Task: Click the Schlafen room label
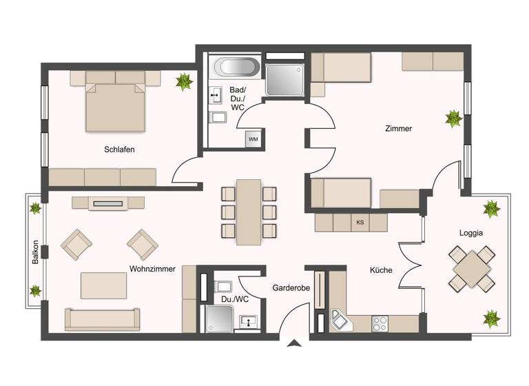tap(119, 150)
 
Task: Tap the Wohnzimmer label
tap(152, 269)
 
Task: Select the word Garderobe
tap(289, 287)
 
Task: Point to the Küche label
tap(381, 270)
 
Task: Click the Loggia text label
tap(471, 233)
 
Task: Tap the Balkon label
tap(35, 252)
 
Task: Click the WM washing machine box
tap(253, 139)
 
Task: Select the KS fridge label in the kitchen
tap(360, 223)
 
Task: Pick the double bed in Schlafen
tap(116, 107)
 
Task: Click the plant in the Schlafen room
tap(184, 82)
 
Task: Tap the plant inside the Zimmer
tap(453, 119)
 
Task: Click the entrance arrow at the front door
tap(295, 343)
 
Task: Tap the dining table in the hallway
tap(249, 212)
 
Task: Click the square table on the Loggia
tap(472, 268)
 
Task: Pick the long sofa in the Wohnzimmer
tap(103, 318)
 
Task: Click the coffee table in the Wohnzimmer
tap(103, 283)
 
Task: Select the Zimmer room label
tap(399, 128)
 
